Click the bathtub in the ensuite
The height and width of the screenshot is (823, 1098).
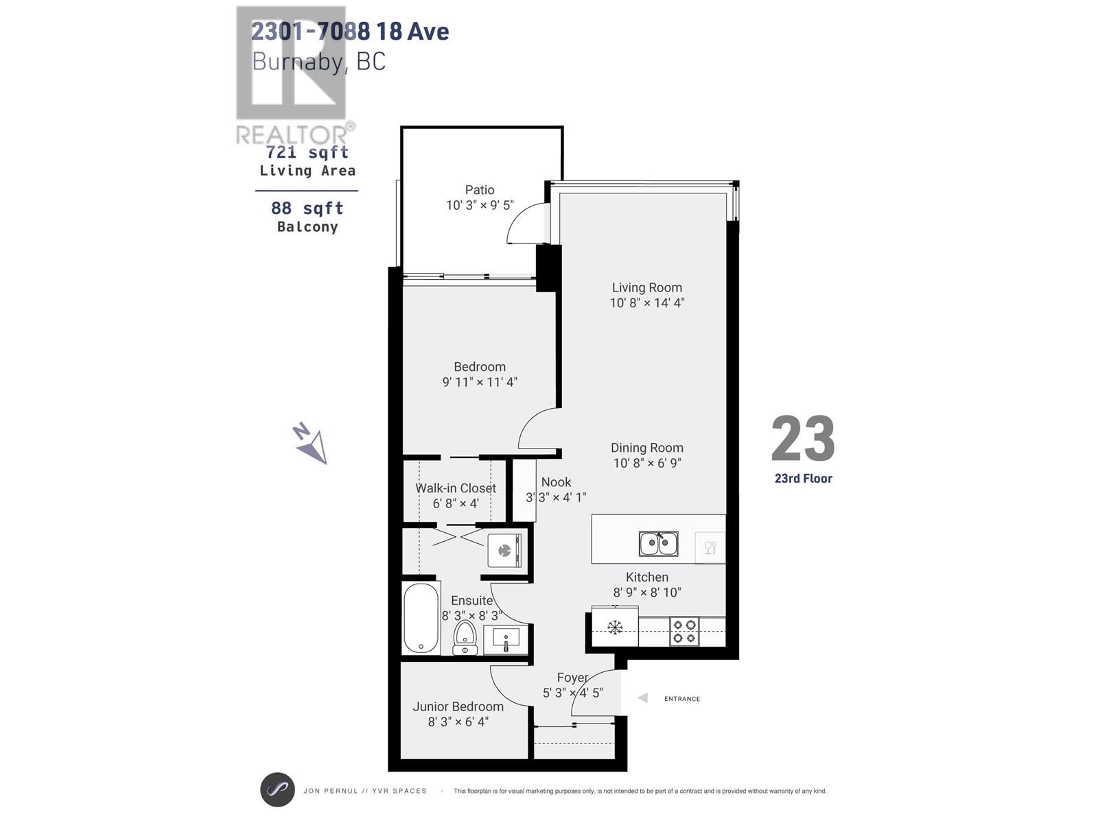tap(421, 618)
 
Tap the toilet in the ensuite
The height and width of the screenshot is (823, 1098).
tap(465, 638)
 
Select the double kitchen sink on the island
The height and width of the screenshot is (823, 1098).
tap(658, 544)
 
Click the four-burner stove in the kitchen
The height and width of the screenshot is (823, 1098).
tap(684, 631)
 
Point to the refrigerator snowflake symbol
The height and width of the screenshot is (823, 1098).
tap(615, 627)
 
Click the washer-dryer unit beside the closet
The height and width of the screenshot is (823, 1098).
tap(505, 549)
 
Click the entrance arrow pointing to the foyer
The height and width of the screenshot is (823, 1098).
tap(642, 698)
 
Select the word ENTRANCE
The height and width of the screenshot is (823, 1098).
tap(681, 699)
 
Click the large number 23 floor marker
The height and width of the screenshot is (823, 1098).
tap(802, 439)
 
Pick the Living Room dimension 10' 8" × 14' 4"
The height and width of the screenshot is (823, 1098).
tap(647, 302)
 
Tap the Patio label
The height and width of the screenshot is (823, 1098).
tap(479, 190)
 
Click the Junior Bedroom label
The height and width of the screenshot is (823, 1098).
tap(458, 706)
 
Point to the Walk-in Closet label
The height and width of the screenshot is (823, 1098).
tap(455, 488)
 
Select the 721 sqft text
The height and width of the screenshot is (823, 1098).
tap(307, 152)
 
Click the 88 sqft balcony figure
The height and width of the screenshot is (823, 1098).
tap(307, 208)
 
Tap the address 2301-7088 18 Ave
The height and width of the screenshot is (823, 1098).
tap(349, 31)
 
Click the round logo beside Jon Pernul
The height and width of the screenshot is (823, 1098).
tap(277, 789)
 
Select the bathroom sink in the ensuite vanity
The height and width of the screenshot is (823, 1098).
tap(506, 640)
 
